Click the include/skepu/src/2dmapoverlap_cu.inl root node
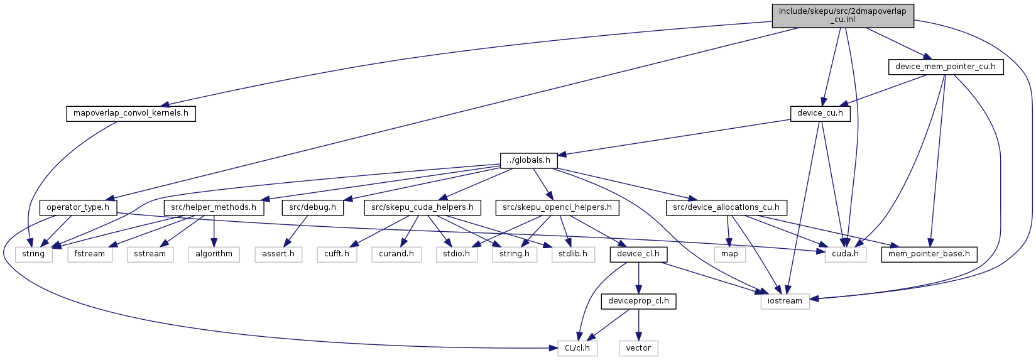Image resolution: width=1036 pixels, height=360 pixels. point(842,16)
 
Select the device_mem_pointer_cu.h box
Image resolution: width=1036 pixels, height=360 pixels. point(946,67)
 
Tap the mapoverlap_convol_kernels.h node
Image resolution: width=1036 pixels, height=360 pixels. point(131,114)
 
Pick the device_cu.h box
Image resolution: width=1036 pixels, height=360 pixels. point(821,114)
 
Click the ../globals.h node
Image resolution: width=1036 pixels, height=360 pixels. point(528,161)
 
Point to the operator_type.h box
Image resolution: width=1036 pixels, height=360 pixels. point(78,208)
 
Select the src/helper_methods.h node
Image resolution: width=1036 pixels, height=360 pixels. point(214,208)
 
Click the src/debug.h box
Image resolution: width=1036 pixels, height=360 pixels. point(313,208)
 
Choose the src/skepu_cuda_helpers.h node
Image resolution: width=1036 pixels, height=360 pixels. point(422,208)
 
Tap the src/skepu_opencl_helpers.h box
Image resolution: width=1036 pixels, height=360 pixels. point(557,208)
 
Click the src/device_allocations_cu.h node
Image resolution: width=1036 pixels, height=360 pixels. point(726,208)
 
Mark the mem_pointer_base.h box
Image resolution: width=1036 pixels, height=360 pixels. point(929,254)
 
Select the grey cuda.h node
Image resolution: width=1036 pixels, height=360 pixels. point(845,254)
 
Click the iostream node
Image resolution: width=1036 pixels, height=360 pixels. point(785,302)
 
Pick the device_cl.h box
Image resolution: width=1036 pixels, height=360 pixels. point(638,254)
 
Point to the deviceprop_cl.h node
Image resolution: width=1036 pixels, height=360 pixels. point(638,302)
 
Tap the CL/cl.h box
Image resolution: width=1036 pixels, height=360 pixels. point(577,349)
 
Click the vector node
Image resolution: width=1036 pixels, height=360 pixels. point(638,349)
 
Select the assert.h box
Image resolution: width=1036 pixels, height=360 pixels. point(278,254)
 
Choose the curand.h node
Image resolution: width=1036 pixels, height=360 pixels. point(396,254)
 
